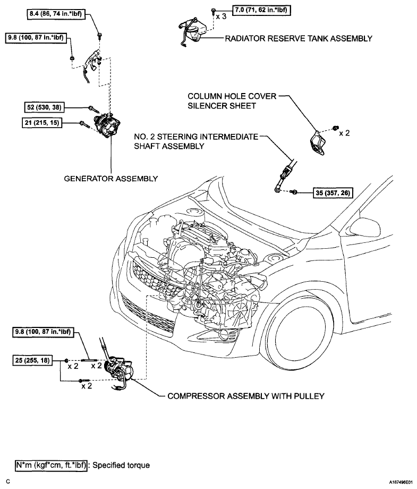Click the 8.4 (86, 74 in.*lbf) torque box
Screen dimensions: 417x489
click(56, 14)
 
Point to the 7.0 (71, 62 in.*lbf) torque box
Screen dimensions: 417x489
click(261, 10)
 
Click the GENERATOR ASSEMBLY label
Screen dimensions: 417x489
click(110, 179)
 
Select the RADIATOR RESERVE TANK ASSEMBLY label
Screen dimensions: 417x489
click(299, 39)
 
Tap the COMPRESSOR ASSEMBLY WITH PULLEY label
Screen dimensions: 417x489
click(246, 396)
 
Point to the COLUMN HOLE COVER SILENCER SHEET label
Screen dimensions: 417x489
click(232, 101)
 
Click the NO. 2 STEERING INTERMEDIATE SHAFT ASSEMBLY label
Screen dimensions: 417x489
click(196, 141)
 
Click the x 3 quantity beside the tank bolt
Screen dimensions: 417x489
click(221, 16)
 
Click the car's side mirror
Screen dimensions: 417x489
click(365, 227)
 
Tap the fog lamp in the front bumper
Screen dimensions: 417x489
click(224, 334)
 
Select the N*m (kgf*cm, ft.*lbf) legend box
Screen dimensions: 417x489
click(51, 465)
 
